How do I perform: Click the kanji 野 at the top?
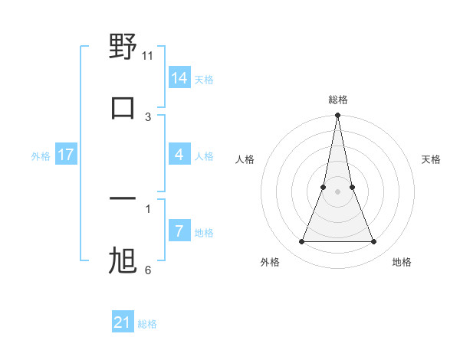123,47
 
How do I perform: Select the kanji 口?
123,108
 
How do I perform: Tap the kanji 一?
123,200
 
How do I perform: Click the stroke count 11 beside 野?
148,56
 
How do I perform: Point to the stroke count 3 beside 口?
148,116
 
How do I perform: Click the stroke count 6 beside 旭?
148,270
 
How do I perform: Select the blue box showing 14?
179,77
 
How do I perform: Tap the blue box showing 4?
179,155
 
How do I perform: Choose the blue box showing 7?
179,231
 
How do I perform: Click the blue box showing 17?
66,155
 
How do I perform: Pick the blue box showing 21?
123,322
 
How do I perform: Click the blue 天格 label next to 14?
204,80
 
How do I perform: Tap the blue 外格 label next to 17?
41,156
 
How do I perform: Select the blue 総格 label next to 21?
147,325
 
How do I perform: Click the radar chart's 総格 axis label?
338,100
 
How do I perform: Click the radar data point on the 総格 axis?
337,116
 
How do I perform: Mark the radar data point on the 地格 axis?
374,242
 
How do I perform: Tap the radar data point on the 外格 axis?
301,242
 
